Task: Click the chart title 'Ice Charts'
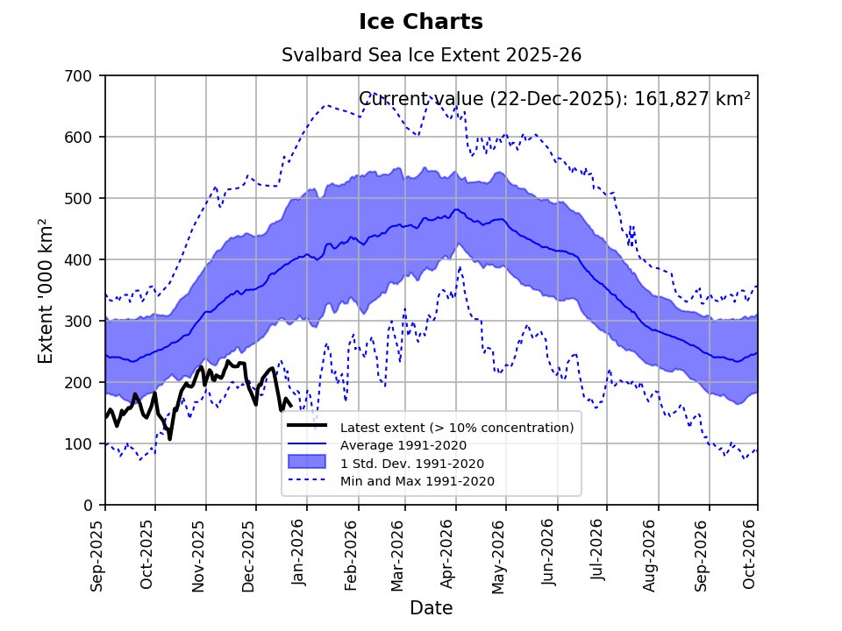[x=421, y=22]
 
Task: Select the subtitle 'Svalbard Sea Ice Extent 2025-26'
[x=432, y=54]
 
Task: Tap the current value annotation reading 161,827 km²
[x=554, y=99]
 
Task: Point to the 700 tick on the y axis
[x=78, y=76]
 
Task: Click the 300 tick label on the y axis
[x=78, y=322]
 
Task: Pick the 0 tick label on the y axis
[x=88, y=506]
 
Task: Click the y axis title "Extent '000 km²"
[x=46, y=291]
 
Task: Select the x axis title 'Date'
[x=432, y=608]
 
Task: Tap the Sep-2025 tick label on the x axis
[x=96, y=556]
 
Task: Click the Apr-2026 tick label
[x=447, y=554]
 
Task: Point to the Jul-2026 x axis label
[x=598, y=550]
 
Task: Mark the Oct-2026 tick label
[x=749, y=554]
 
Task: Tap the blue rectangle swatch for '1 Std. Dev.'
[x=307, y=462]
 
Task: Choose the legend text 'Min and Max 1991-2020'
[x=417, y=481]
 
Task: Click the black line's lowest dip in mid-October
[x=170, y=439]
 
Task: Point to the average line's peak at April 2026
[x=457, y=209]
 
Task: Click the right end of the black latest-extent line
[x=290, y=406]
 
